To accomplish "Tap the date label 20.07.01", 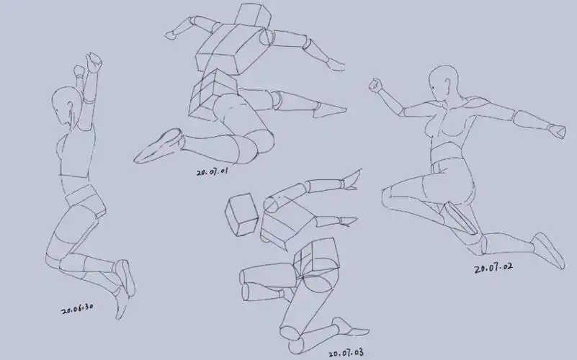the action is pos(213,172).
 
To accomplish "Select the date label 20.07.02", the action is pos(493,267).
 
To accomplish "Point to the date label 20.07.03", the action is pos(346,353).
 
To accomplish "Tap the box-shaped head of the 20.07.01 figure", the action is pos(253,15).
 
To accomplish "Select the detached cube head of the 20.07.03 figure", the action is pos(242,215).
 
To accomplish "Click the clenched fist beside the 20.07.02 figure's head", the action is pos(376,85).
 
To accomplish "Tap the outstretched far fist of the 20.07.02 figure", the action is pos(556,131).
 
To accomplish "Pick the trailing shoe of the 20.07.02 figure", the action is pos(549,251).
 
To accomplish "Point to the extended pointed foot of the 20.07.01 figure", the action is pos(329,110).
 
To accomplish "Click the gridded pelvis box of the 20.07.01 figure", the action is pos(213,94).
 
